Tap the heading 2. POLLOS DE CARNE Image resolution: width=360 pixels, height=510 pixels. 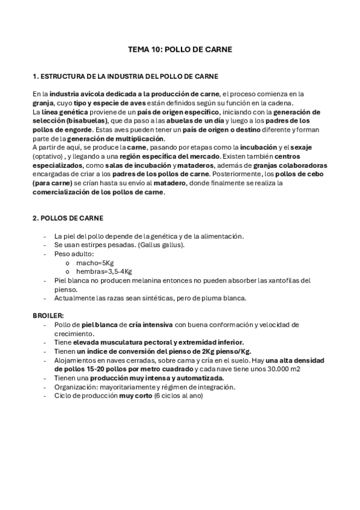[67, 218]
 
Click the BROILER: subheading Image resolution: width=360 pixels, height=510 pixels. [47, 315]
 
